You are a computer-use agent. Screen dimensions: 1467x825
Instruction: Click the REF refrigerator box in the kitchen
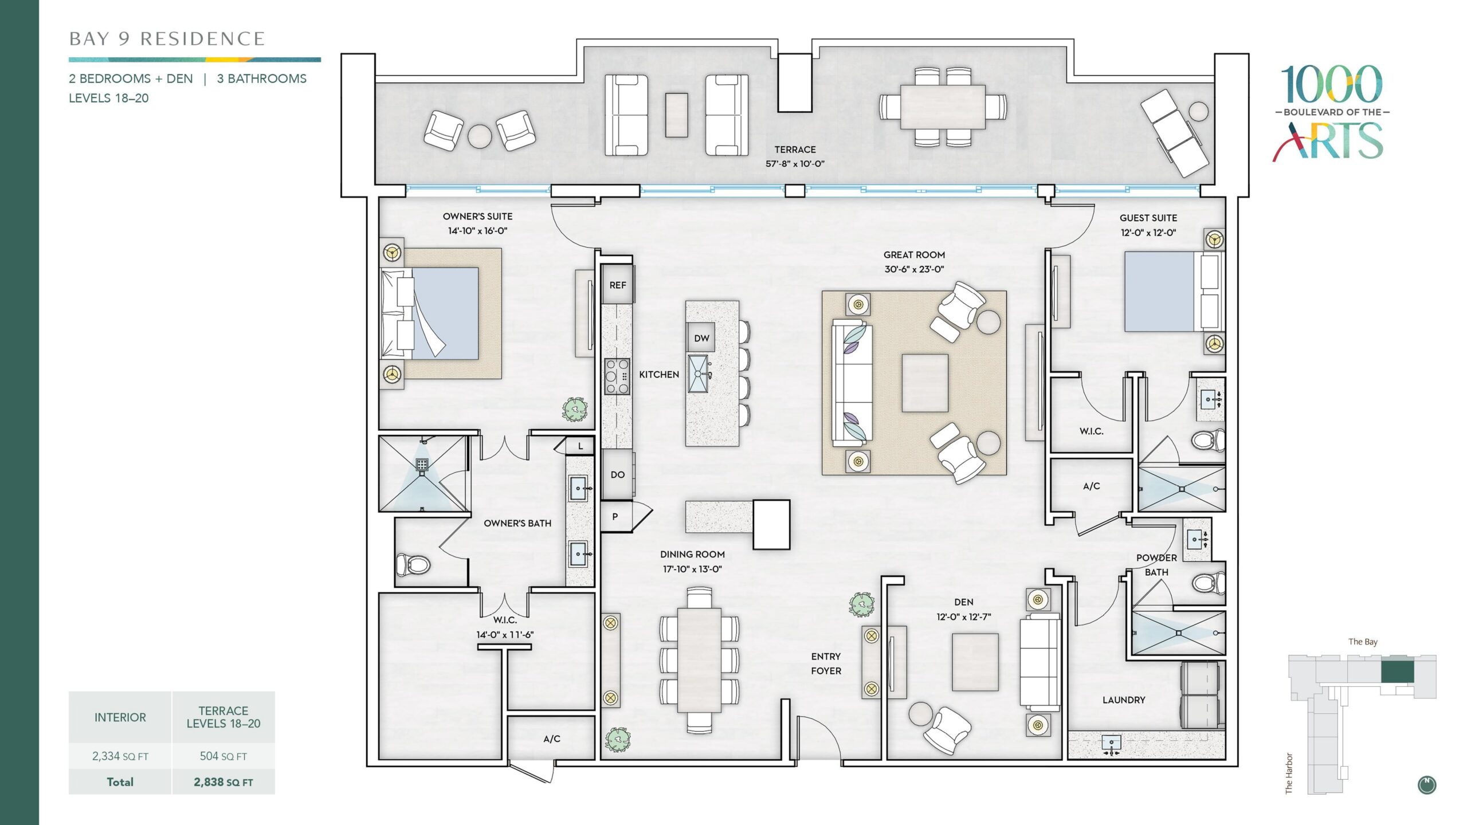pyautogui.click(x=617, y=285)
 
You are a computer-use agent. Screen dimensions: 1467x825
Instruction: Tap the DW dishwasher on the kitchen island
pyautogui.click(x=701, y=338)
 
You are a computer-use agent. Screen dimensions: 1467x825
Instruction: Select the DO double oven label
pyautogui.click(x=617, y=474)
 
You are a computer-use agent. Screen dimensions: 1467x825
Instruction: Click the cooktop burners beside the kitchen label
pyautogui.click(x=617, y=376)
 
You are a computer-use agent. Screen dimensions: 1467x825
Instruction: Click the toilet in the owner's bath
pyautogui.click(x=413, y=564)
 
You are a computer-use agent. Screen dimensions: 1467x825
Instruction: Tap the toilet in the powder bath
pyautogui.click(x=1209, y=584)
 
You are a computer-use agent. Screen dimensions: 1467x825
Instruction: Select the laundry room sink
pyautogui.click(x=1111, y=743)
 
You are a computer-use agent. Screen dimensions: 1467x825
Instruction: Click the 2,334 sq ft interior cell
pyautogui.click(x=120, y=756)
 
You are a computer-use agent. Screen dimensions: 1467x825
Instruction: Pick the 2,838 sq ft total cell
pyautogui.click(x=223, y=782)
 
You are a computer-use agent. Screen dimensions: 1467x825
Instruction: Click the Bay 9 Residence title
pyautogui.click(x=167, y=39)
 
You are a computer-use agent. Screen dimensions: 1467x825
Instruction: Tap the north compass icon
pyautogui.click(x=1427, y=785)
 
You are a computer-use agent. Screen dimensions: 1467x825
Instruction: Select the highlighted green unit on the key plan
pyautogui.click(x=1397, y=672)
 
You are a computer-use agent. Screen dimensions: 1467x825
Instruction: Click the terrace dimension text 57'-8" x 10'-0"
pyautogui.click(x=795, y=164)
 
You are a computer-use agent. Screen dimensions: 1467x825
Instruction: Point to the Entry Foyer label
pyautogui.click(x=826, y=663)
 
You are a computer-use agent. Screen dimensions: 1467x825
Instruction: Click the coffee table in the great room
pyautogui.click(x=925, y=383)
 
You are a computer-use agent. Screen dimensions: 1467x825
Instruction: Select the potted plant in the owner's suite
pyautogui.click(x=575, y=410)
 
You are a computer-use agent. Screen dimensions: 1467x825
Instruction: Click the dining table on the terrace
pyautogui.click(x=943, y=107)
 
